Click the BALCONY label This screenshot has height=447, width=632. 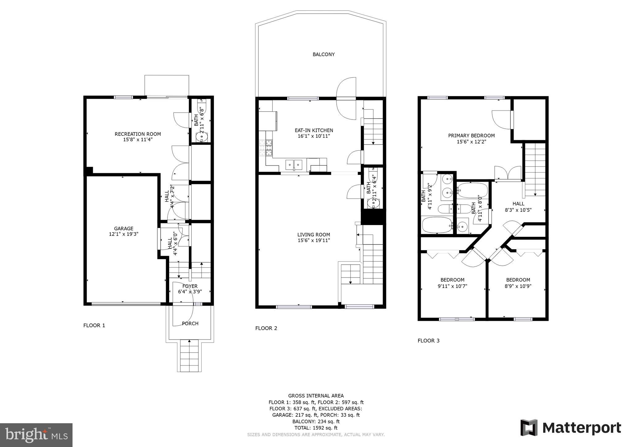(x=323, y=54)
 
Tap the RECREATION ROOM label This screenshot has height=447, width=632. (x=138, y=134)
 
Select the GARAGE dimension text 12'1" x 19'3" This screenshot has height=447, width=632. (x=123, y=234)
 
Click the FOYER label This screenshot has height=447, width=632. (x=190, y=286)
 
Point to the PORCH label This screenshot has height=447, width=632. (x=190, y=324)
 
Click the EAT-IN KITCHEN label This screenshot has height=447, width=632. (x=314, y=130)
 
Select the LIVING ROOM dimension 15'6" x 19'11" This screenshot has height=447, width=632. (x=314, y=240)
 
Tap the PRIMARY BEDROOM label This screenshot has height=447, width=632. (x=471, y=136)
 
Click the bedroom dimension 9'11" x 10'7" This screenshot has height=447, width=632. (x=452, y=286)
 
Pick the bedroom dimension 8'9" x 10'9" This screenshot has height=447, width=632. (x=518, y=286)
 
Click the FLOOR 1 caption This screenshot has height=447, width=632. (x=94, y=325)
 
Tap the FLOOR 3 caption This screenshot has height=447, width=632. (x=428, y=340)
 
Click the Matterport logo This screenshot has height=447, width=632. (x=571, y=428)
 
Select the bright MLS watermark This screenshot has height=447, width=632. (x=36, y=435)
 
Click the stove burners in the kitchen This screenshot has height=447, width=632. (x=266, y=148)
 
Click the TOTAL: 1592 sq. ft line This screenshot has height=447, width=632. (x=316, y=428)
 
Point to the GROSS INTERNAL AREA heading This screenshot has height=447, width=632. (x=316, y=396)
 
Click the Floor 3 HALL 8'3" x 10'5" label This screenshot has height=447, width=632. (x=518, y=207)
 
